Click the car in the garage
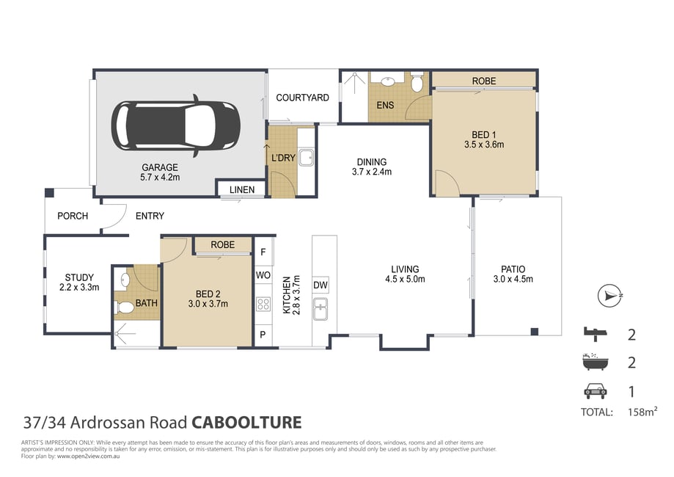point(175,125)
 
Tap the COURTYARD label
point(302,98)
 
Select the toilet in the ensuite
point(417,81)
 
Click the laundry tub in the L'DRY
point(307,157)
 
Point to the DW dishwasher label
point(320,285)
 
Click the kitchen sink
point(320,309)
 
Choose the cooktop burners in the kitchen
point(263,305)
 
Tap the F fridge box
point(263,252)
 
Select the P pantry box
point(263,335)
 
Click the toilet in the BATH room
point(124,307)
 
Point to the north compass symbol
point(610,296)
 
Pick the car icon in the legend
point(595,391)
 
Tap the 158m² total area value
point(642,412)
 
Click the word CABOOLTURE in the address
point(246,423)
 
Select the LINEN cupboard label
point(241,189)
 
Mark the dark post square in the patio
point(535,332)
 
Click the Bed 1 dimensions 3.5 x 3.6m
point(484,145)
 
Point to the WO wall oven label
point(263,275)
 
